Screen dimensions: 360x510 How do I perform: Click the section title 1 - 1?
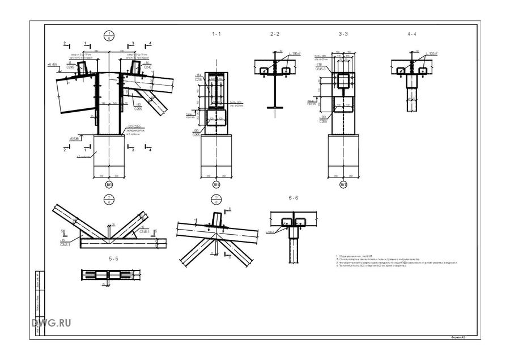216,34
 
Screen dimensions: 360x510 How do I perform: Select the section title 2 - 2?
275,34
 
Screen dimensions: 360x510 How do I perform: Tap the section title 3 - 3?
343,34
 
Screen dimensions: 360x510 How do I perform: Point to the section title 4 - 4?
411,34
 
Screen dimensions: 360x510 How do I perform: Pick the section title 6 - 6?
293,198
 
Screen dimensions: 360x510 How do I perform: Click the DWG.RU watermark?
52,323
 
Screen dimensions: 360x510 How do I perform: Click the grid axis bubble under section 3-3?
343,185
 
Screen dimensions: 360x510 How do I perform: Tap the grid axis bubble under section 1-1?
216,185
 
